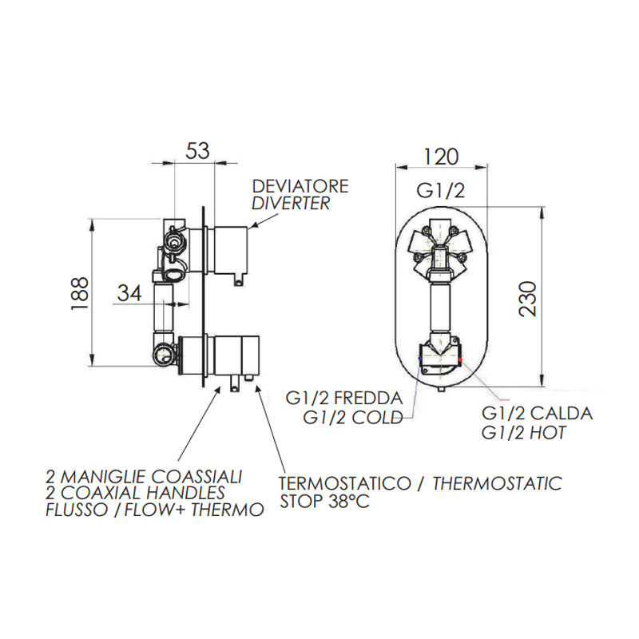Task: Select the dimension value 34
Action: tap(129, 293)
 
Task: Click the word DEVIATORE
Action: tap(300, 186)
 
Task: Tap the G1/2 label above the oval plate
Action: tap(442, 190)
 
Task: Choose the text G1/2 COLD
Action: tap(352, 418)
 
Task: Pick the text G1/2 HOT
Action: tap(524, 434)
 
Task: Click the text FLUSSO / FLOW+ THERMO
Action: tap(155, 510)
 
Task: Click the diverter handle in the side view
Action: tap(230, 248)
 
